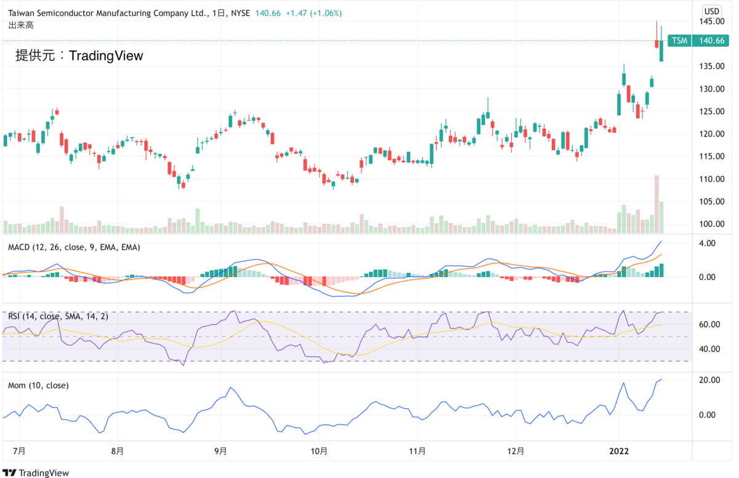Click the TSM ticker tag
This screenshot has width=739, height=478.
pos(679,41)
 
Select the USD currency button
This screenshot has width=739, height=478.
pos(713,11)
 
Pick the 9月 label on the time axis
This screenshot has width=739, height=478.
pos(220,451)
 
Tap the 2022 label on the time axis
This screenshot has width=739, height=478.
pos(619,451)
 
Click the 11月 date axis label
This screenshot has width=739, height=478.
pos(418,451)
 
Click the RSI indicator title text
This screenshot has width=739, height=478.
pos(58,316)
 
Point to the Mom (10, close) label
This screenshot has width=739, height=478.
pos(38,386)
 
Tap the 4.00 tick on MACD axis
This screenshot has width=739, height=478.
pos(708,243)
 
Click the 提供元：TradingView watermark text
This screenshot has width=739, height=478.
pos(79,55)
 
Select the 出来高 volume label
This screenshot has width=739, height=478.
pos(20,25)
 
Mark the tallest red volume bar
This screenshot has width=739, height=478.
pos(657,204)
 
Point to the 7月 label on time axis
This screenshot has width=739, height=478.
pos(19,451)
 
